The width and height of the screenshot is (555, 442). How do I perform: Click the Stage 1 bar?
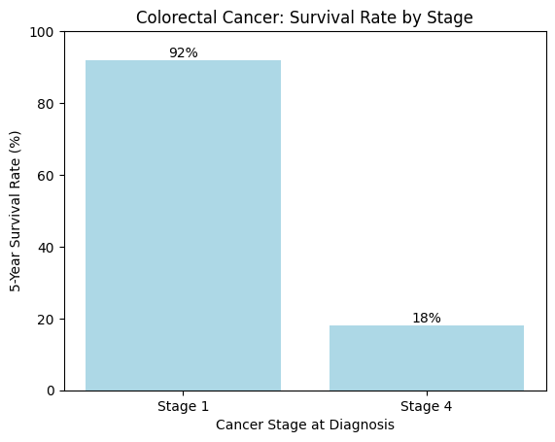[183, 225]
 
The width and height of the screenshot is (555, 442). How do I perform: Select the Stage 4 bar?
[427, 357]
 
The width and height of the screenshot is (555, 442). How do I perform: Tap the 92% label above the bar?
[183, 52]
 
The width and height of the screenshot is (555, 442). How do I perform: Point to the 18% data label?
[427, 318]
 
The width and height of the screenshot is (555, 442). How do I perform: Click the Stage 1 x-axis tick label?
[183, 406]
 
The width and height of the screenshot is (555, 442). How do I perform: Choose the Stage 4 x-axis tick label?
[427, 406]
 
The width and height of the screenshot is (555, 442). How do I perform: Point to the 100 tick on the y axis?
[45, 32]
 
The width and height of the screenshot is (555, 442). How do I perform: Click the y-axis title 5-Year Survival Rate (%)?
[15, 211]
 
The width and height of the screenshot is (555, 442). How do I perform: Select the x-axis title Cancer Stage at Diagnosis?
[305, 425]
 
